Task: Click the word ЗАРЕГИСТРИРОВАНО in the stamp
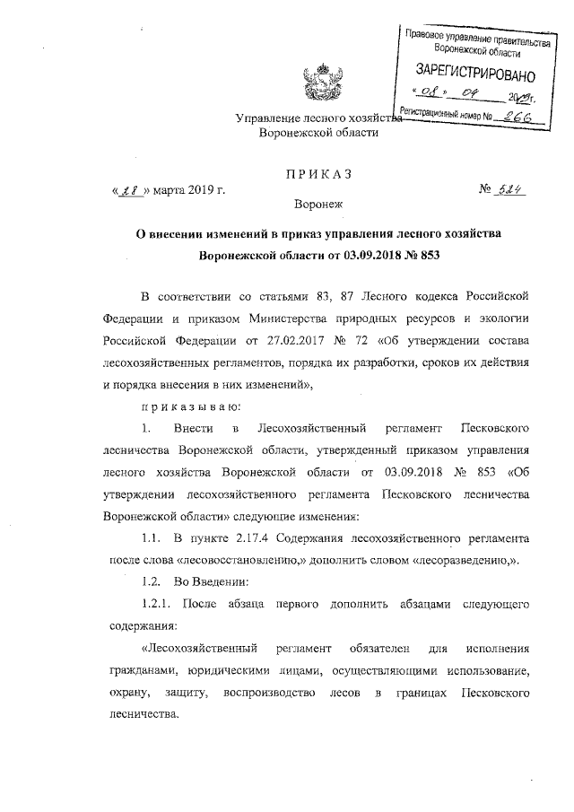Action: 474,71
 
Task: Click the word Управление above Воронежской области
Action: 268,118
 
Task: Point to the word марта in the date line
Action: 171,190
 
